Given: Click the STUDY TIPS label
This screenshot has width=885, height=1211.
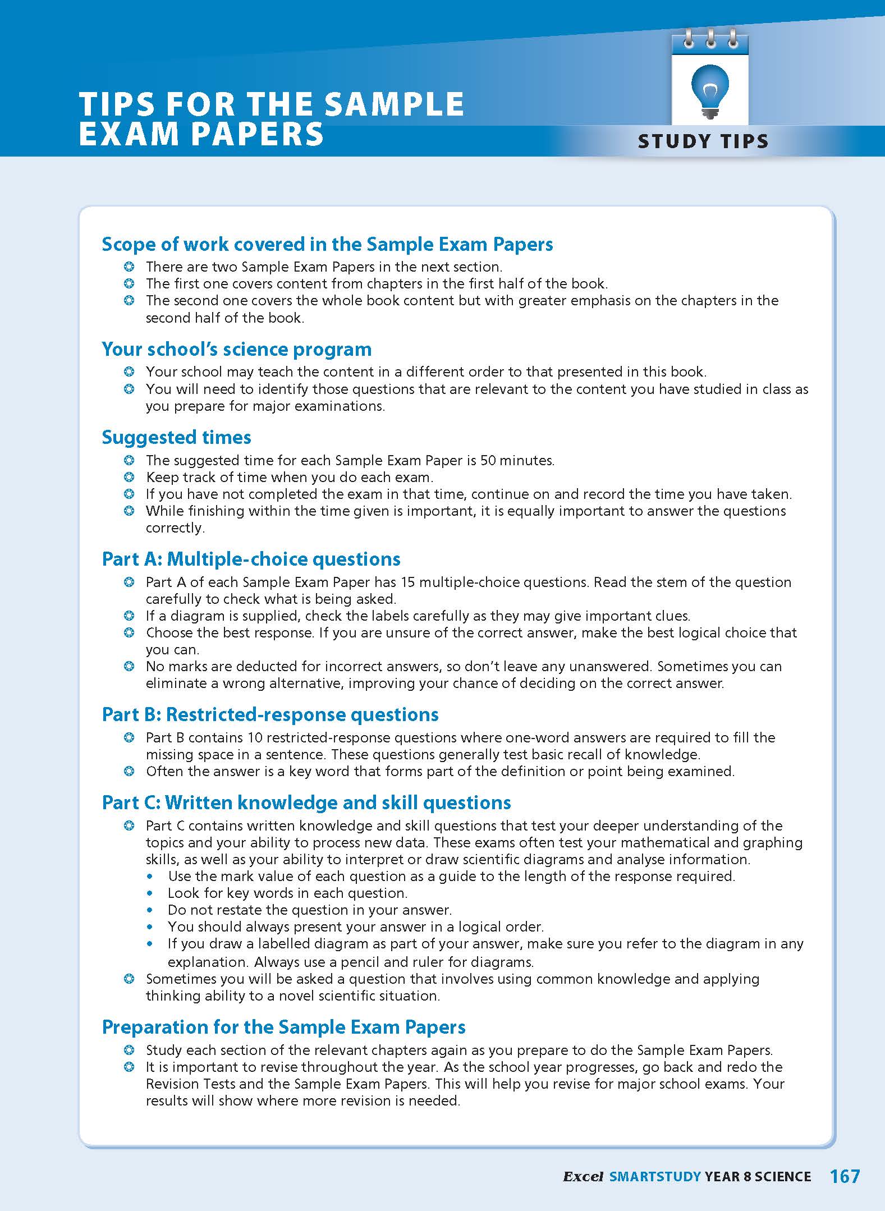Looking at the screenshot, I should [x=703, y=141].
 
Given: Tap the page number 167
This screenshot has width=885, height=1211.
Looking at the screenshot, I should [x=845, y=1176].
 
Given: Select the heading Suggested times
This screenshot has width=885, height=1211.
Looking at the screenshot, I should [x=176, y=437].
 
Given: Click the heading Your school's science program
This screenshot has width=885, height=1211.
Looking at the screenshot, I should [x=236, y=349].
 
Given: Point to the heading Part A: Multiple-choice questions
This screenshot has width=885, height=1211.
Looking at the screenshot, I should [x=251, y=559].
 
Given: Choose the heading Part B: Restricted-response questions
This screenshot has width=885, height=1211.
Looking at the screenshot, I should [x=270, y=714].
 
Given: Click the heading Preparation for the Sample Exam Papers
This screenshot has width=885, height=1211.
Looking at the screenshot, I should [x=283, y=1027].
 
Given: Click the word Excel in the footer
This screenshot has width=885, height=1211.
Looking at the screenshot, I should [x=583, y=1177].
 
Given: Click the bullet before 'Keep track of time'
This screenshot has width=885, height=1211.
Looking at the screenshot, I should [x=129, y=478].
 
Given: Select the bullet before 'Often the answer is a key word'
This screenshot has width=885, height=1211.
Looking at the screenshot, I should [x=129, y=772].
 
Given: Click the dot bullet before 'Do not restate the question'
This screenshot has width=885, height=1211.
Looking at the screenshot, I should [x=149, y=910].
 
